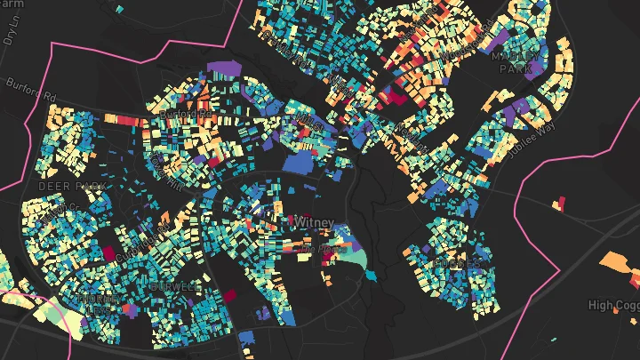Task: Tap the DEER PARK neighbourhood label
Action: (x=72, y=187)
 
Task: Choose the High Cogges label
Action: (x=613, y=305)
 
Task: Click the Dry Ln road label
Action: (x=12, y=31)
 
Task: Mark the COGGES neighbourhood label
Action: (x=458, y=264)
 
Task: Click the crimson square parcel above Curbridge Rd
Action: (x=110, y=254)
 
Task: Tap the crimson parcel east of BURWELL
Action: (x=229, y=295)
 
